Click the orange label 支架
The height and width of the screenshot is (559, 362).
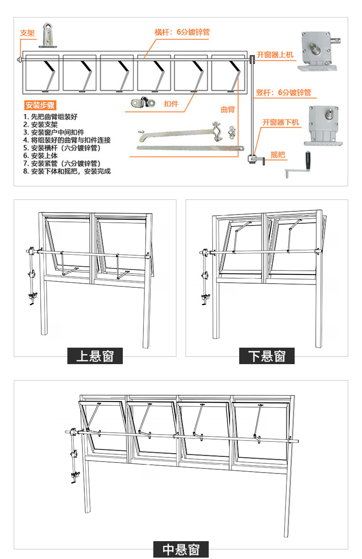(x=27, y=33)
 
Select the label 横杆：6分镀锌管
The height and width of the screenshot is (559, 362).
(x=182, y=32)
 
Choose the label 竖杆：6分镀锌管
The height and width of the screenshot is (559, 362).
(x=283, y=92)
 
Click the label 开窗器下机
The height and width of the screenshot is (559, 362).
(x=280, y=122)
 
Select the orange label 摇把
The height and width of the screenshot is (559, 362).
(x=278, y=155)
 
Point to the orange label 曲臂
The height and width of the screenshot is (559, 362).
(x=227, y=109)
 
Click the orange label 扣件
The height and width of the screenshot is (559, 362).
(x=171, y=104)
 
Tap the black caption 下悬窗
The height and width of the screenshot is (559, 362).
(x=267, y=355)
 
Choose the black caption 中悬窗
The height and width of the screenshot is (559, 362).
(x=181, y=549)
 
